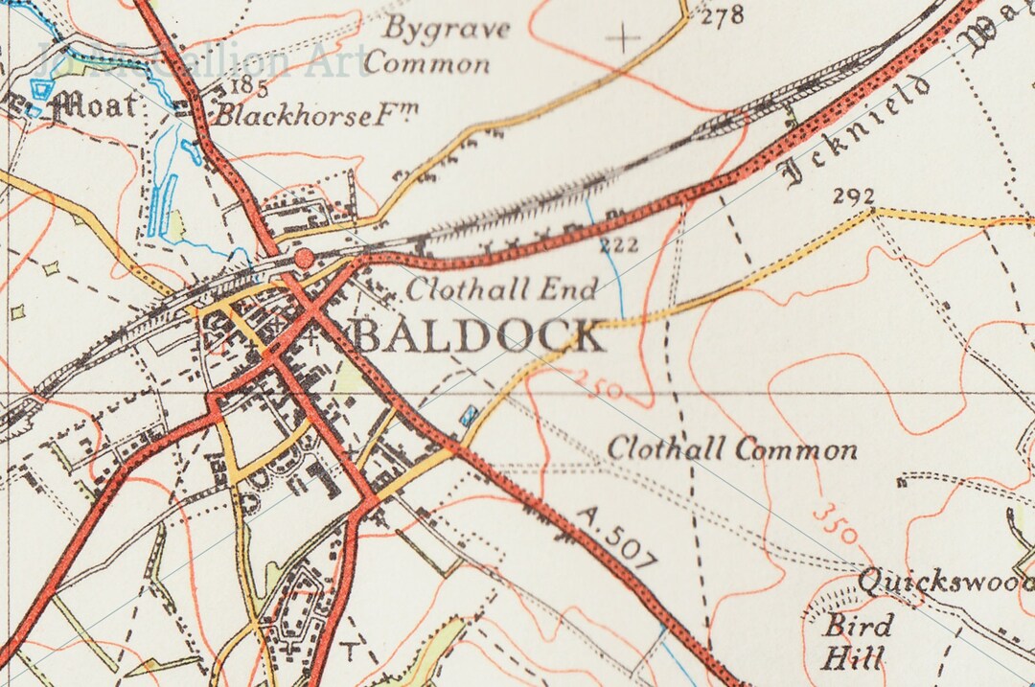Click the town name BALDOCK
(477, 337)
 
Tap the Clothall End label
(502, 288)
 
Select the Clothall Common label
(732, 448)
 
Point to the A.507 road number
(617, 538)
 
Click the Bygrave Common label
(437, 46)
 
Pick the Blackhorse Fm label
(315, 116)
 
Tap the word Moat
(93, 104)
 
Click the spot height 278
(723, 16)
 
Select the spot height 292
(853, 196)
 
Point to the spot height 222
(619, 246)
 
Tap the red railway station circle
(304, 258)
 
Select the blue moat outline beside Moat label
(40, 91)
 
